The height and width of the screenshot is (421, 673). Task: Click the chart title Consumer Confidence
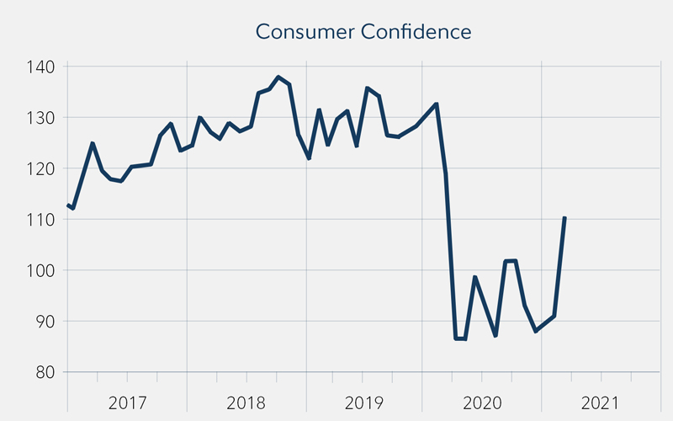pos(363,32)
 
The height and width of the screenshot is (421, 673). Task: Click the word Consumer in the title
pos(297,32)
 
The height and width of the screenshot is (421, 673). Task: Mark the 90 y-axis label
pos(45,321)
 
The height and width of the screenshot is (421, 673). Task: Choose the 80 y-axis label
pos(45,372)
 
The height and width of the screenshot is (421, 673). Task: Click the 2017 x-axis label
pos(128,402)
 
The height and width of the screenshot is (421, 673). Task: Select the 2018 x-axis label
pos(246,402)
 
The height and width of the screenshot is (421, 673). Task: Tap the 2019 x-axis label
pos(365,402)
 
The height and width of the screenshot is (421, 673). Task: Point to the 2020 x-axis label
pos(484,402)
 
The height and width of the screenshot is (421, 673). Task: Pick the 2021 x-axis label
pos(602,402)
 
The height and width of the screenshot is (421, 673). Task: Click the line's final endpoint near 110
pos(564,217)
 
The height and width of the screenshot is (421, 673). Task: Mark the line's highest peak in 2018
pos(278,77)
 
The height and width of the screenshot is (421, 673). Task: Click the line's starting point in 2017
pos(68,205)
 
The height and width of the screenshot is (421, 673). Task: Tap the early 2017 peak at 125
pos(93,143)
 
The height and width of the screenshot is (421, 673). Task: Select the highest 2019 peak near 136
pos(368,88)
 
